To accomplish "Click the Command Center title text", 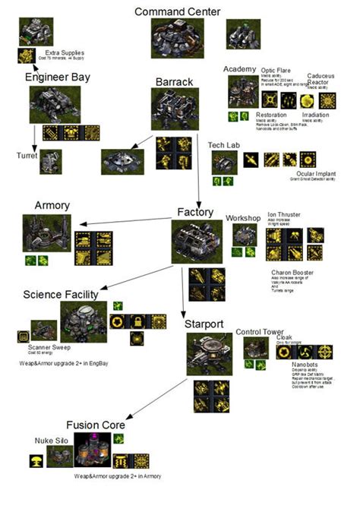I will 178,11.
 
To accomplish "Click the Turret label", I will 27,154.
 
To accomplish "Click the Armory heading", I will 52,205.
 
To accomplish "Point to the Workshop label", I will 242,218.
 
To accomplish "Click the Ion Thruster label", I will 288,214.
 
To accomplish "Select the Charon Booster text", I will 292,273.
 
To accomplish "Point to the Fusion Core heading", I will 95,425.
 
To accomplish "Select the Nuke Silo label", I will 49,440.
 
